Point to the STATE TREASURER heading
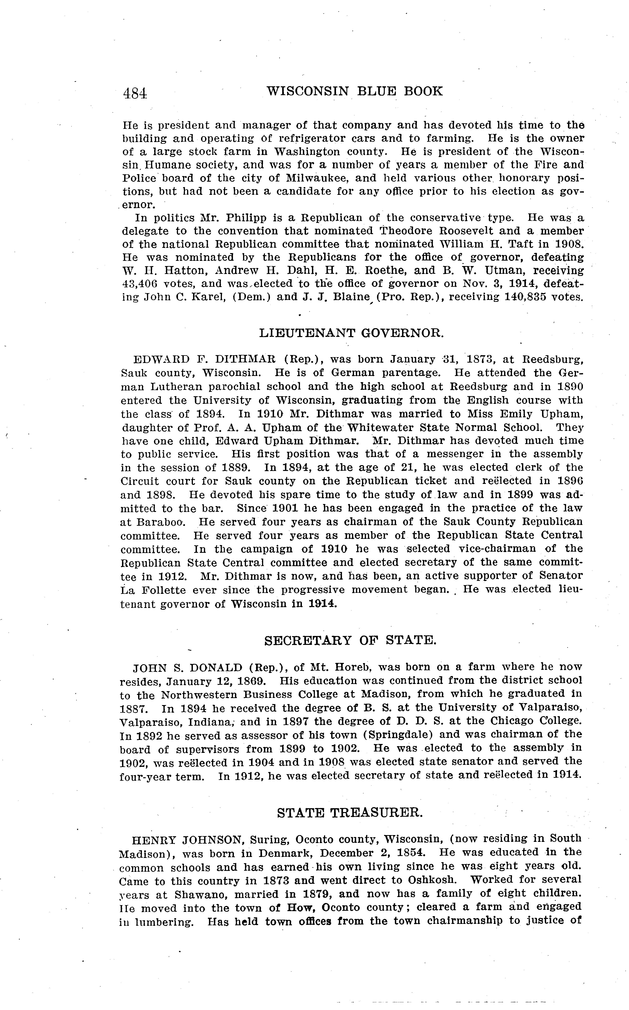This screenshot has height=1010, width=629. click(350, 813)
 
